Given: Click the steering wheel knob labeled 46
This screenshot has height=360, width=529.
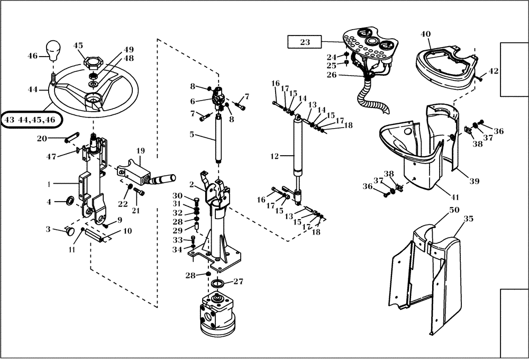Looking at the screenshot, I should (53, 51).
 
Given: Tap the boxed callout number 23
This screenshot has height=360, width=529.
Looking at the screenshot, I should (305, 42).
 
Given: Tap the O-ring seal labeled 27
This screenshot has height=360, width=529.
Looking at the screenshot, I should (218, 285).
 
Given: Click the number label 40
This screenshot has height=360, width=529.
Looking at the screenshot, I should (426, 34).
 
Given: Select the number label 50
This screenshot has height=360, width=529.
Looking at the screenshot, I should (454, 210).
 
